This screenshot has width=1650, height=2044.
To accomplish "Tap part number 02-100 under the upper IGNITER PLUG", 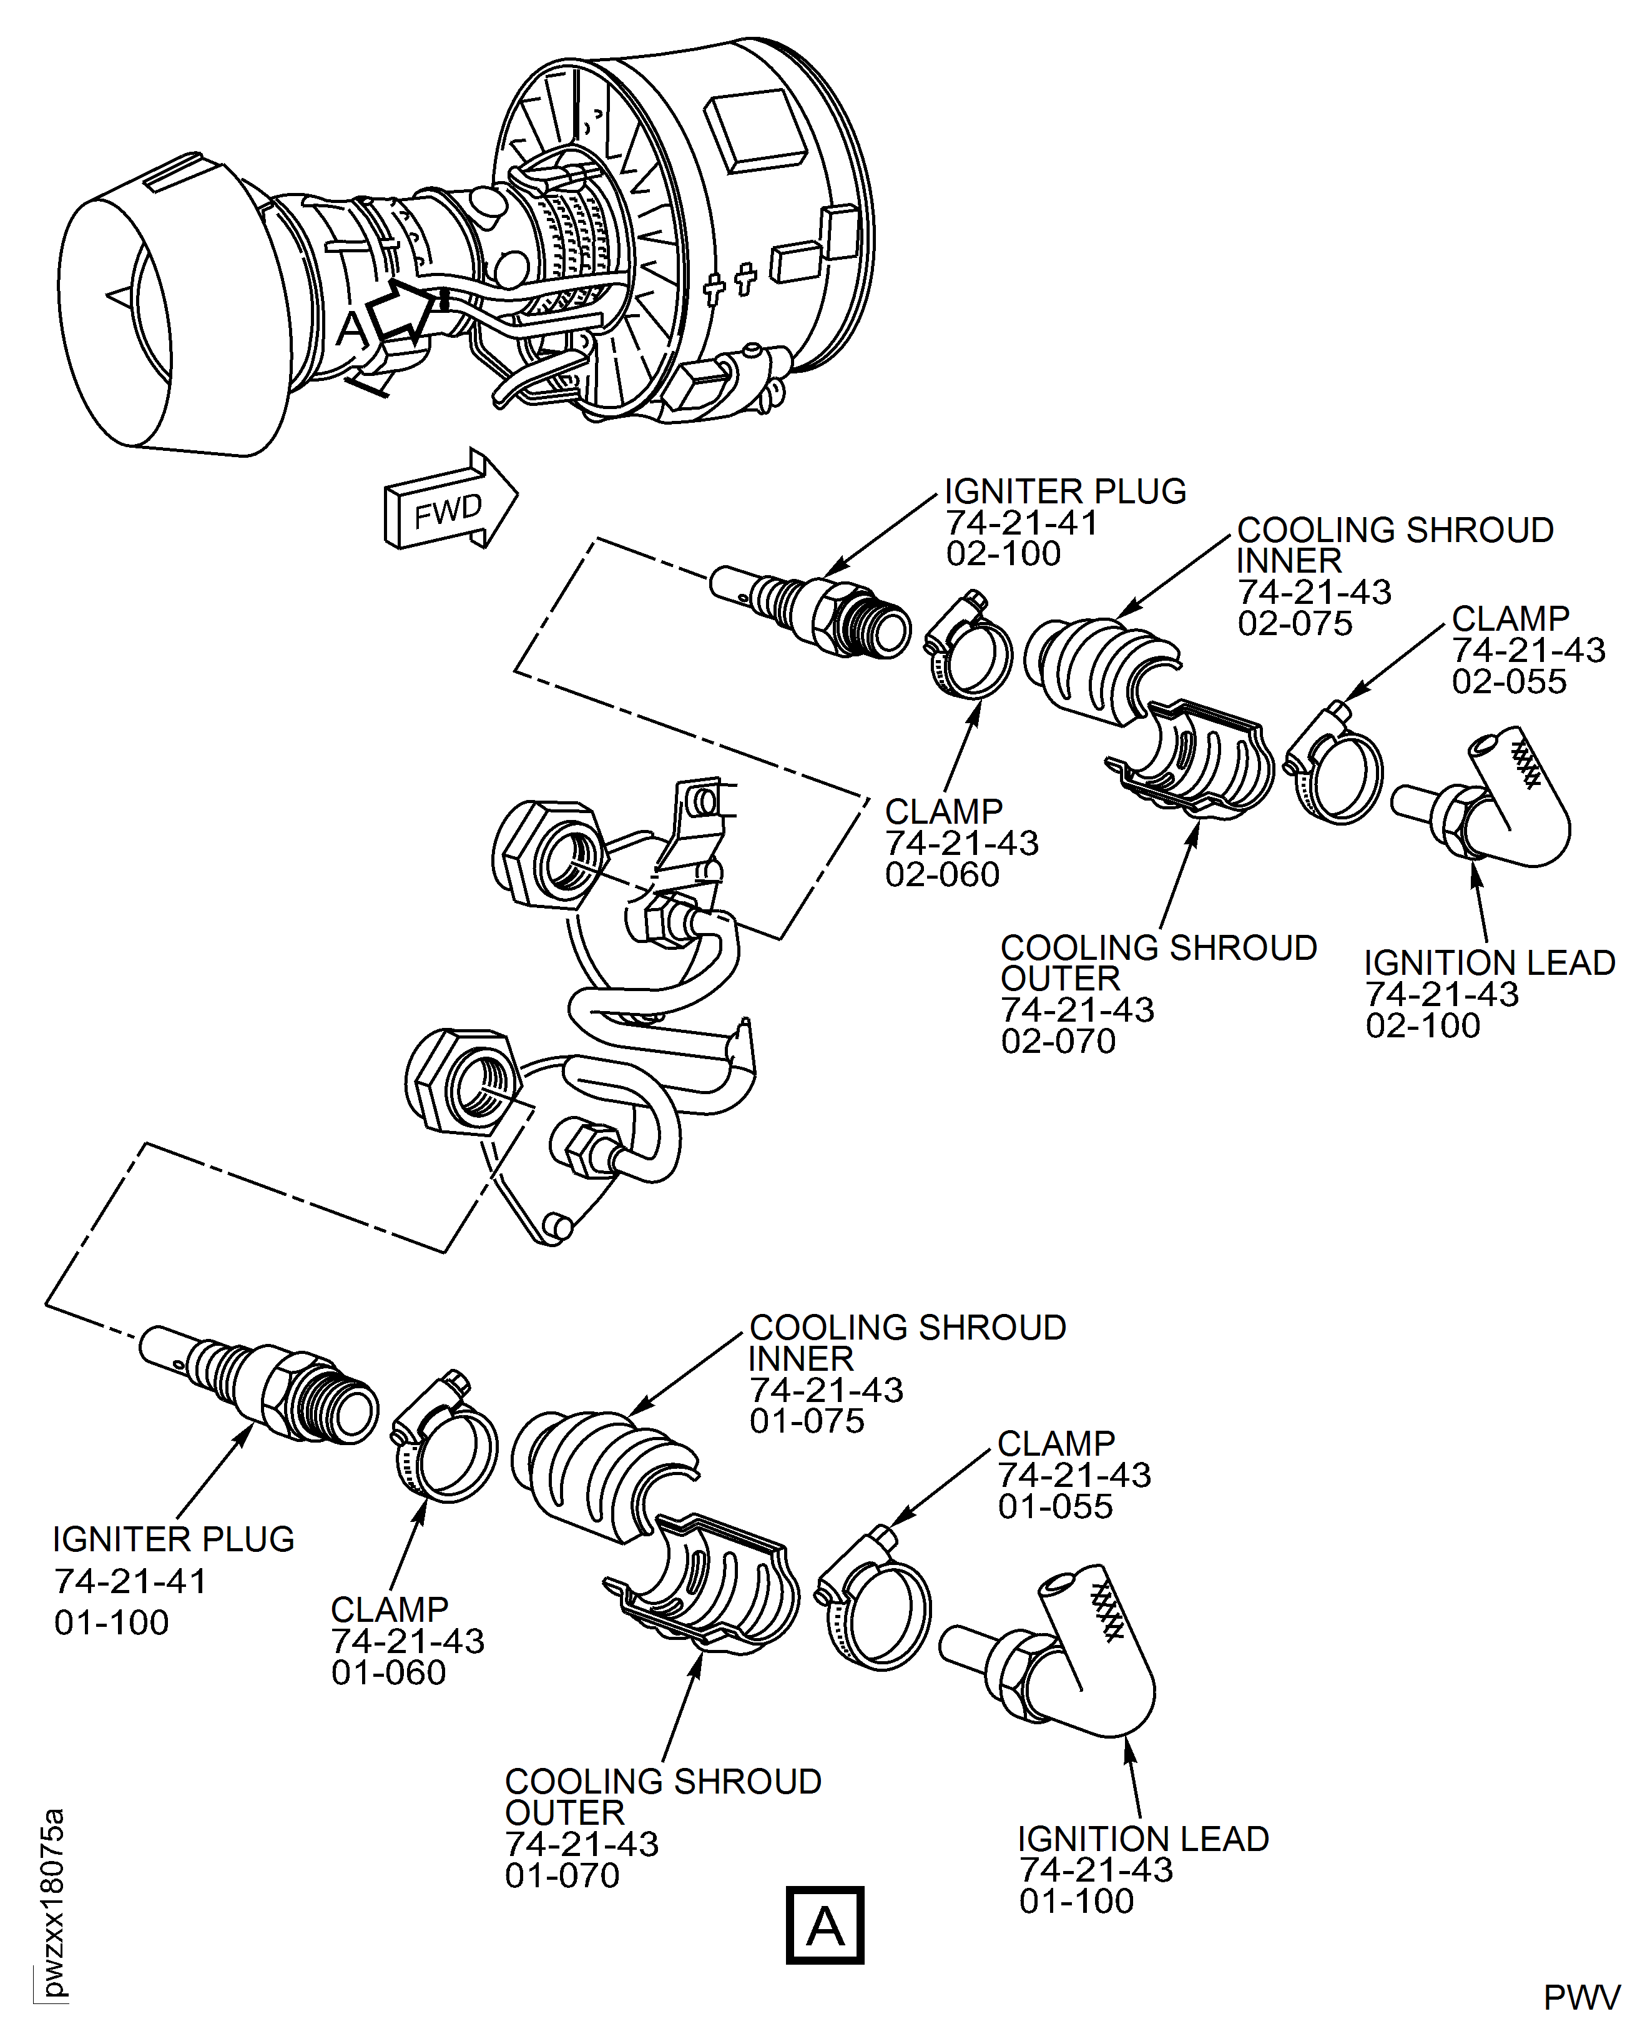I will pyautogui.click(x=1003, y=553).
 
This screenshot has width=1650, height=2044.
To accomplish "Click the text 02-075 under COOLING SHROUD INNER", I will pyautogui.click(x=1295, y=624).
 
